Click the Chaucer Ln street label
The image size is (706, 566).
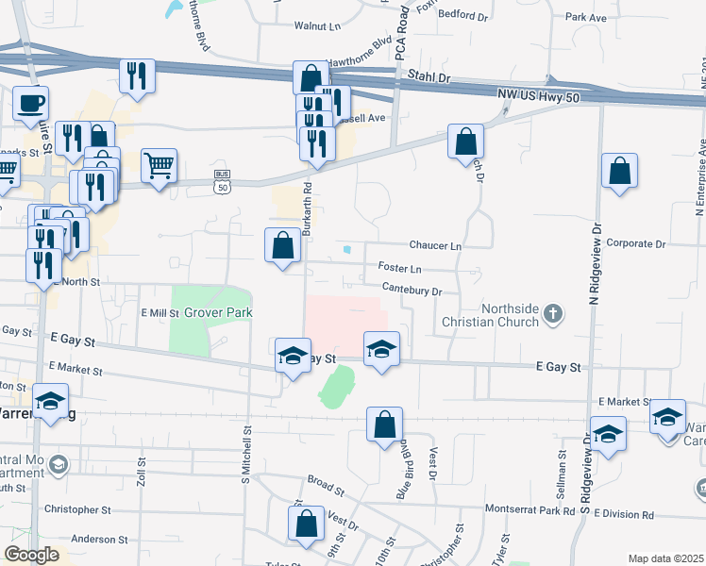[435, 245]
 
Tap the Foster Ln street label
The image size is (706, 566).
[399, 268]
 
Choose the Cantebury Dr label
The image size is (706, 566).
[411, 291]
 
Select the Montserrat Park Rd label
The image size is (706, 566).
[529, 509]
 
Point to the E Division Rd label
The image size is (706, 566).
[623, 515]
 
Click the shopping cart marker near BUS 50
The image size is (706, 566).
[160, 166]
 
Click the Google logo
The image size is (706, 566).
[31, 555]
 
